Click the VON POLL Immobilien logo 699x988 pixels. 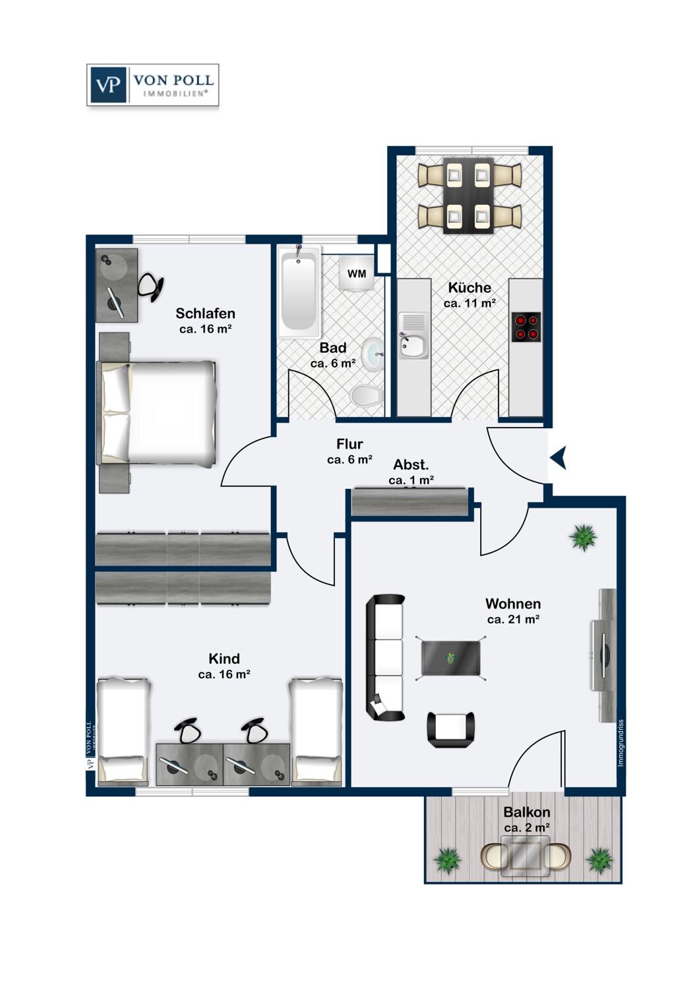pyautogui.click(x=152, y=85)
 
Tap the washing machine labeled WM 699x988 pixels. pyautogui.click(x=357, y=273)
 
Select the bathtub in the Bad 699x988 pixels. pyautogui.click(x=299, y=290)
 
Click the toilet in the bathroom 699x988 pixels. pyautogui.click(x=367, y=396)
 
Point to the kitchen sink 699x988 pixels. pyautogui.click(x=413, y=344)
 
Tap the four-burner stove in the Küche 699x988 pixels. pyautogui.click(x=526, y=327)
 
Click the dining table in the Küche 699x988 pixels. pyautogui.click(x=468, y=196)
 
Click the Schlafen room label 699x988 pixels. pyautogui.click(x=205, y=314)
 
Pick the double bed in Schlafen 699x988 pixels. pyautogui.click(x=158, y=413)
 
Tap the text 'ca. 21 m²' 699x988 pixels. pyautogui.click(x=513, y=619)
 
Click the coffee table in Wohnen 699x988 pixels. pyautogui.click(x=451, y=658)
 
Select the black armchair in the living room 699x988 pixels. pyautogui.click(x=451, y=729)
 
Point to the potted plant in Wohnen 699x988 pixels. pyautogui.click(x=583, y=537)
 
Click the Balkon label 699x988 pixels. pyautogui.click(x=526, y=812)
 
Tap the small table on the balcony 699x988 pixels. pyautogui.click(x=526, y=856)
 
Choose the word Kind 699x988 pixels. pyautogui.click(x=224, y=659)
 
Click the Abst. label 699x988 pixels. pyautogui.click(x=411, y=464)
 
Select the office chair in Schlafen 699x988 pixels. pyautogui.click(x=152, y=287)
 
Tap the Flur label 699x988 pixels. pyautogui.click(x=349, y=444)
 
